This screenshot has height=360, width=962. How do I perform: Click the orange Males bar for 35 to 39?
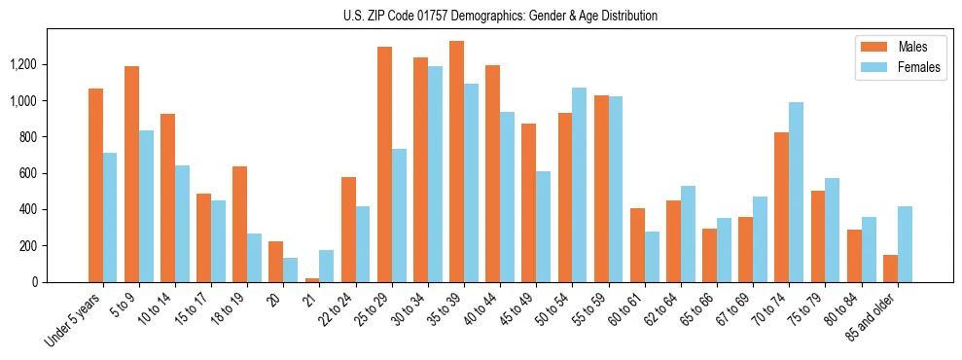(456, 162)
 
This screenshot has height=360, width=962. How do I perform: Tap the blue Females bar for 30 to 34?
(435, 174)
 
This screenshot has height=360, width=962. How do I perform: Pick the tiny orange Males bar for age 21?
(311, 280)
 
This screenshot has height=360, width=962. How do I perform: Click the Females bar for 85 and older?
(905, 244)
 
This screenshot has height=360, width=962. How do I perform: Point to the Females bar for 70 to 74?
(797, 192)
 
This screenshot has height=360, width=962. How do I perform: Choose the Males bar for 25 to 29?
(384, 164)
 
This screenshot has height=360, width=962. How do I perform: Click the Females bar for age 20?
(291, 270)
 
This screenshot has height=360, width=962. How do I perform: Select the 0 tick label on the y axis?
(35, 282)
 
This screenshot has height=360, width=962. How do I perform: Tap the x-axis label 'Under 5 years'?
(74, 320)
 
